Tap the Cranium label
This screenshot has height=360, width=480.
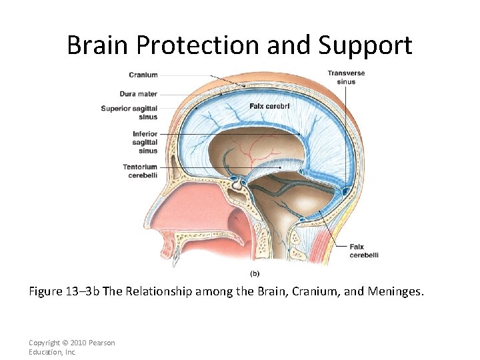coord(143,75)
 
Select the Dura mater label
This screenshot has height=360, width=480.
coord(139,94)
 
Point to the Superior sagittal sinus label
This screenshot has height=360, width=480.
coord(130,113)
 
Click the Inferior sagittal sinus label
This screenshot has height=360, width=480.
coord(145,142)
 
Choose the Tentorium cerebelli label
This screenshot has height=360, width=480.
coord(140,171)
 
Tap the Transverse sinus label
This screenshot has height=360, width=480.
coord(346,77)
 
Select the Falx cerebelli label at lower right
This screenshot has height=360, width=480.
coord(364,251)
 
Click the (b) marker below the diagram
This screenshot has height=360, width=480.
coord(254,273)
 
